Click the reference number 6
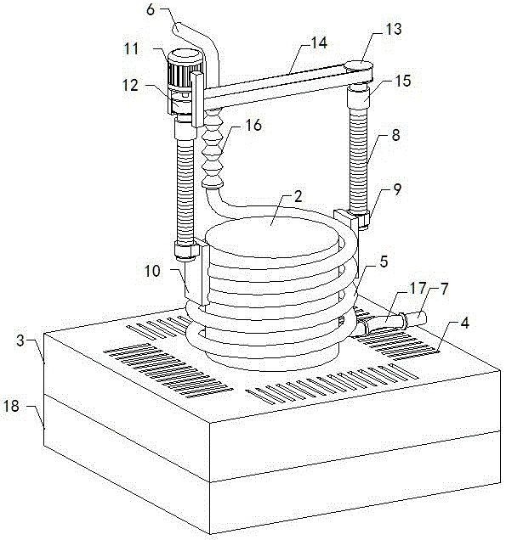[x=151, y=10]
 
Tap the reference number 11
[x=132, y=48]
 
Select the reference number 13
[x=394, y=29]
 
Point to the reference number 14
[x=319, y=43]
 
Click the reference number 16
[x=254, y=126]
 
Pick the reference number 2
[x=298, y=196]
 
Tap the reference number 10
[x=152, y=271]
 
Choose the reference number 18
[x=11, y=406]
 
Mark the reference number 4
[x=465, y=323]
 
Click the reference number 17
[x=418, y=288]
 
